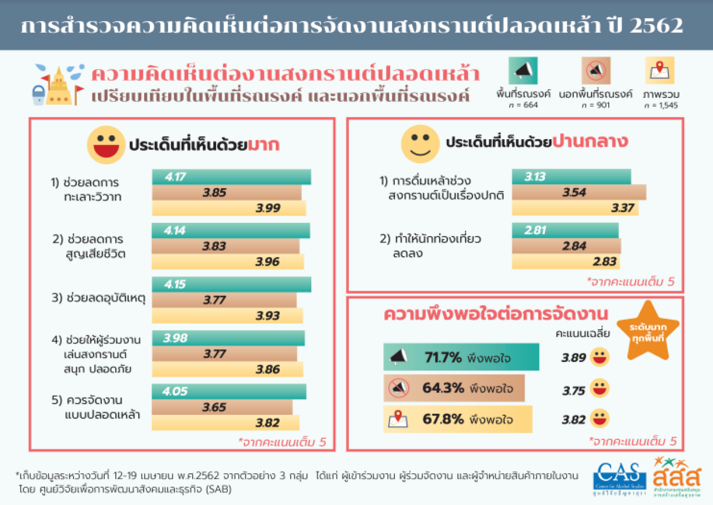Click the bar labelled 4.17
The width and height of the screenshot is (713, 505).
coord(231,177)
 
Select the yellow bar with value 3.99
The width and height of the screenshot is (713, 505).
coord(229,208)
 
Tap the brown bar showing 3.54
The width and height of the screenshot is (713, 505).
coord(579,193)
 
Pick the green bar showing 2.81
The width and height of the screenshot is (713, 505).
coord(565,231)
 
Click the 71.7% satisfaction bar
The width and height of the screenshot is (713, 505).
coord(461,357)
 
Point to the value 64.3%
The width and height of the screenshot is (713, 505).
coord(442,388)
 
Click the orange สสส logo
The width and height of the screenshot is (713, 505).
coord(677,477)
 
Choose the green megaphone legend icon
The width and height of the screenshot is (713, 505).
coord(522,70)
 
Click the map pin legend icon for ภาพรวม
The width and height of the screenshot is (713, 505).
coord(660,70)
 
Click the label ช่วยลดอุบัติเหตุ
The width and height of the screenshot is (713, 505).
coord(98,298)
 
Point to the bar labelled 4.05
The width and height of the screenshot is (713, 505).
coord(229,391)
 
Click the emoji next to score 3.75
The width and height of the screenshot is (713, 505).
coord(599,388)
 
